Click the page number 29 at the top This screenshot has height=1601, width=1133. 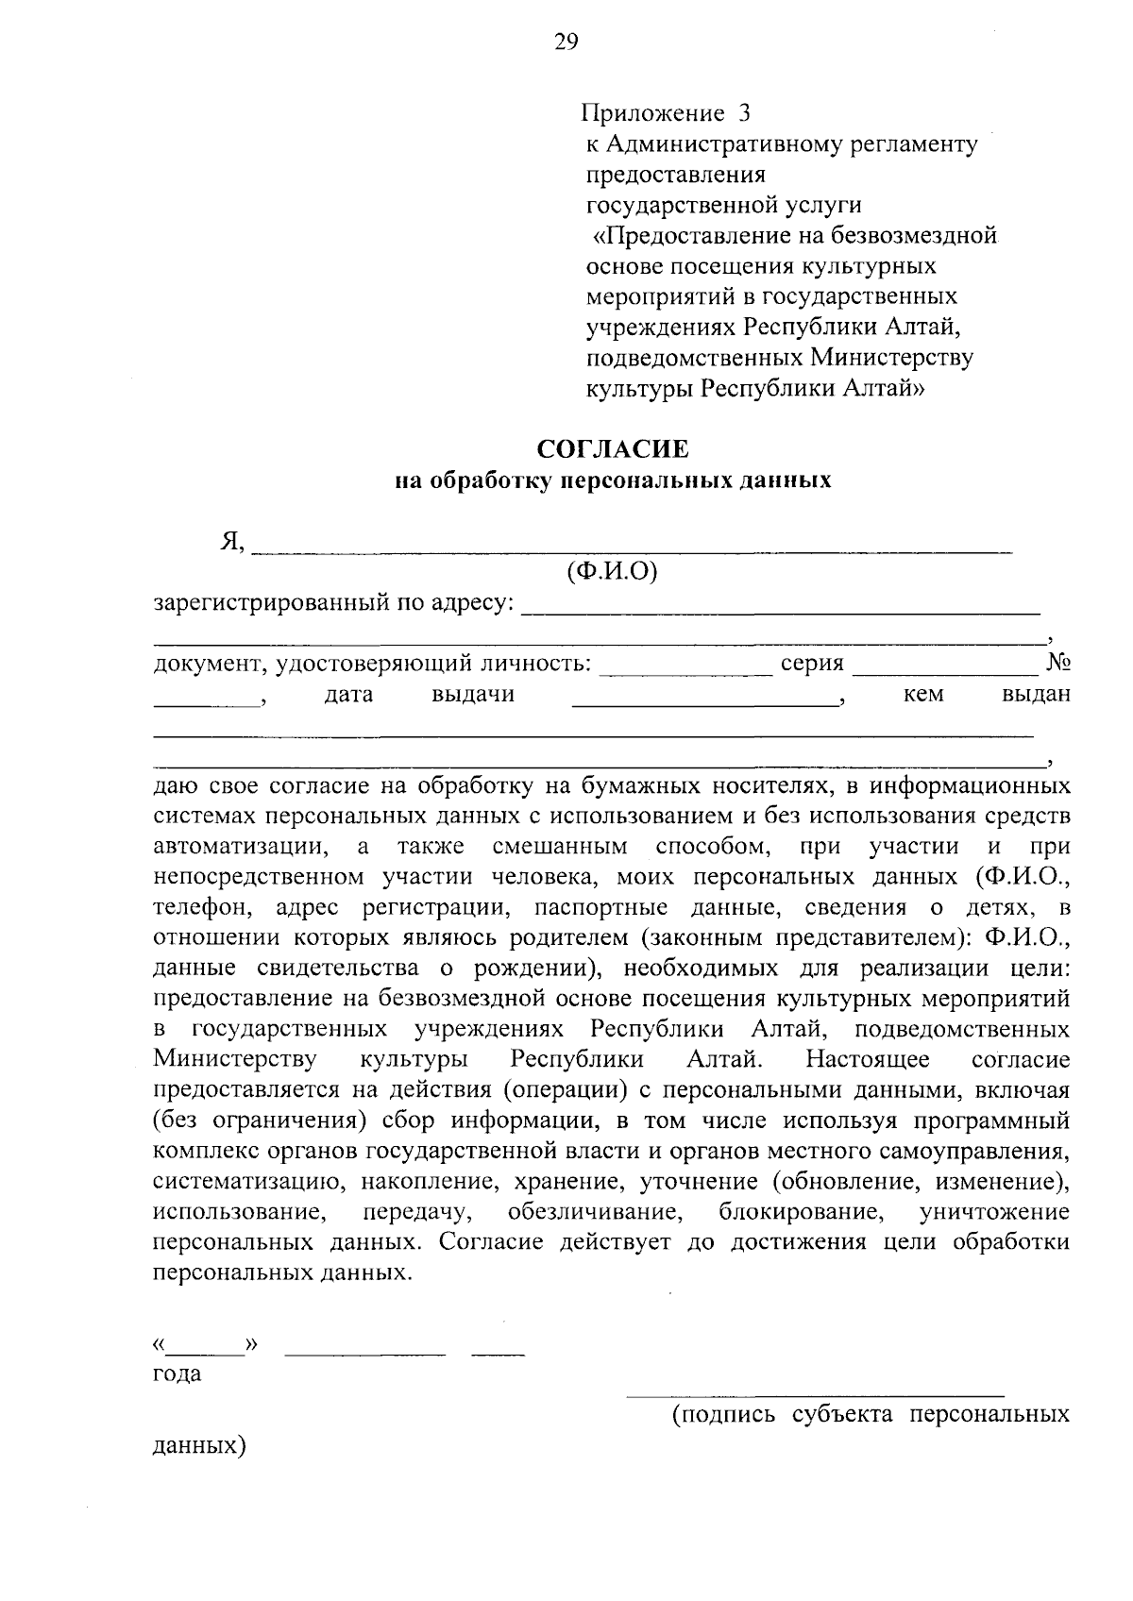(x=566, y=42)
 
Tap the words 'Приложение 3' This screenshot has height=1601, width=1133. (x=667, y=114)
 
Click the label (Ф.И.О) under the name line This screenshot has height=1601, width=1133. (x=612, y=572)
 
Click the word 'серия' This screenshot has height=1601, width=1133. (x=812, y=664)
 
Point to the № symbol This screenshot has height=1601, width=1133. (x=1057, y=664)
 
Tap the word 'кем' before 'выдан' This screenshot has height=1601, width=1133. (x=922, y=695)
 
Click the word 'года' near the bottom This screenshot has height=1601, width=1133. (x=177, y=1374)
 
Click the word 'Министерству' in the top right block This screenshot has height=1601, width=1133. (x=891, y=357)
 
